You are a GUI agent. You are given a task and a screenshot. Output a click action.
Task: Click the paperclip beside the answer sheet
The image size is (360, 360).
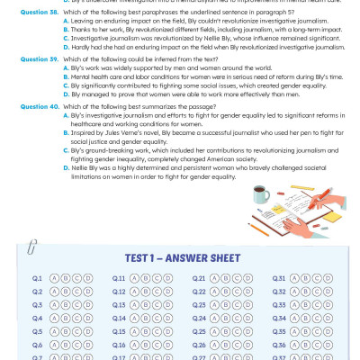pyautogui.click(x=32, y=244)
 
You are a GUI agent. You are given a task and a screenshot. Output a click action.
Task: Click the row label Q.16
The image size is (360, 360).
pyautogui.click(x=119, y=345)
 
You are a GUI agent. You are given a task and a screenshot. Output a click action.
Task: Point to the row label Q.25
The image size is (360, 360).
pyautogui.click(x=199, y=332)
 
